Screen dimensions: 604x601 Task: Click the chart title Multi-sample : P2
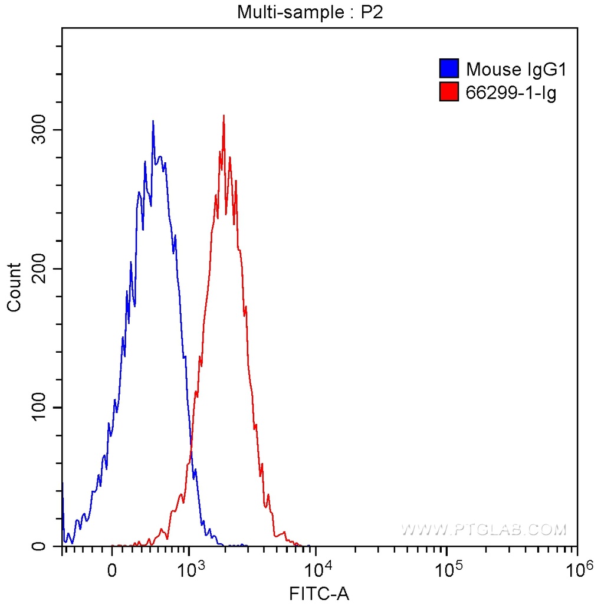[310, 11]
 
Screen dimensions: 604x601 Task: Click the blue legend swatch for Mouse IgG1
[449, 69]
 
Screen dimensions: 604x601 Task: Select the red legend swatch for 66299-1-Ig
[449, 91]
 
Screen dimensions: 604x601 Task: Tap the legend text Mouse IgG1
[516, 70]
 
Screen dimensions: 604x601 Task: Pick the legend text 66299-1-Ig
[511, 92]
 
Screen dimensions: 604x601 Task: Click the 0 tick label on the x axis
[111, 570]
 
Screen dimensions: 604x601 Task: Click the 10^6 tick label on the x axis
[578, 569]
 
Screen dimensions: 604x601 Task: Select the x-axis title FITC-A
[319, 593]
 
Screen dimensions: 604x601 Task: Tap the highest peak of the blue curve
[153, 122]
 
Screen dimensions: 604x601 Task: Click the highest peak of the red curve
[224, 116]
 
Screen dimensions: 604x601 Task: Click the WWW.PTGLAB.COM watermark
[484, 530]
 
